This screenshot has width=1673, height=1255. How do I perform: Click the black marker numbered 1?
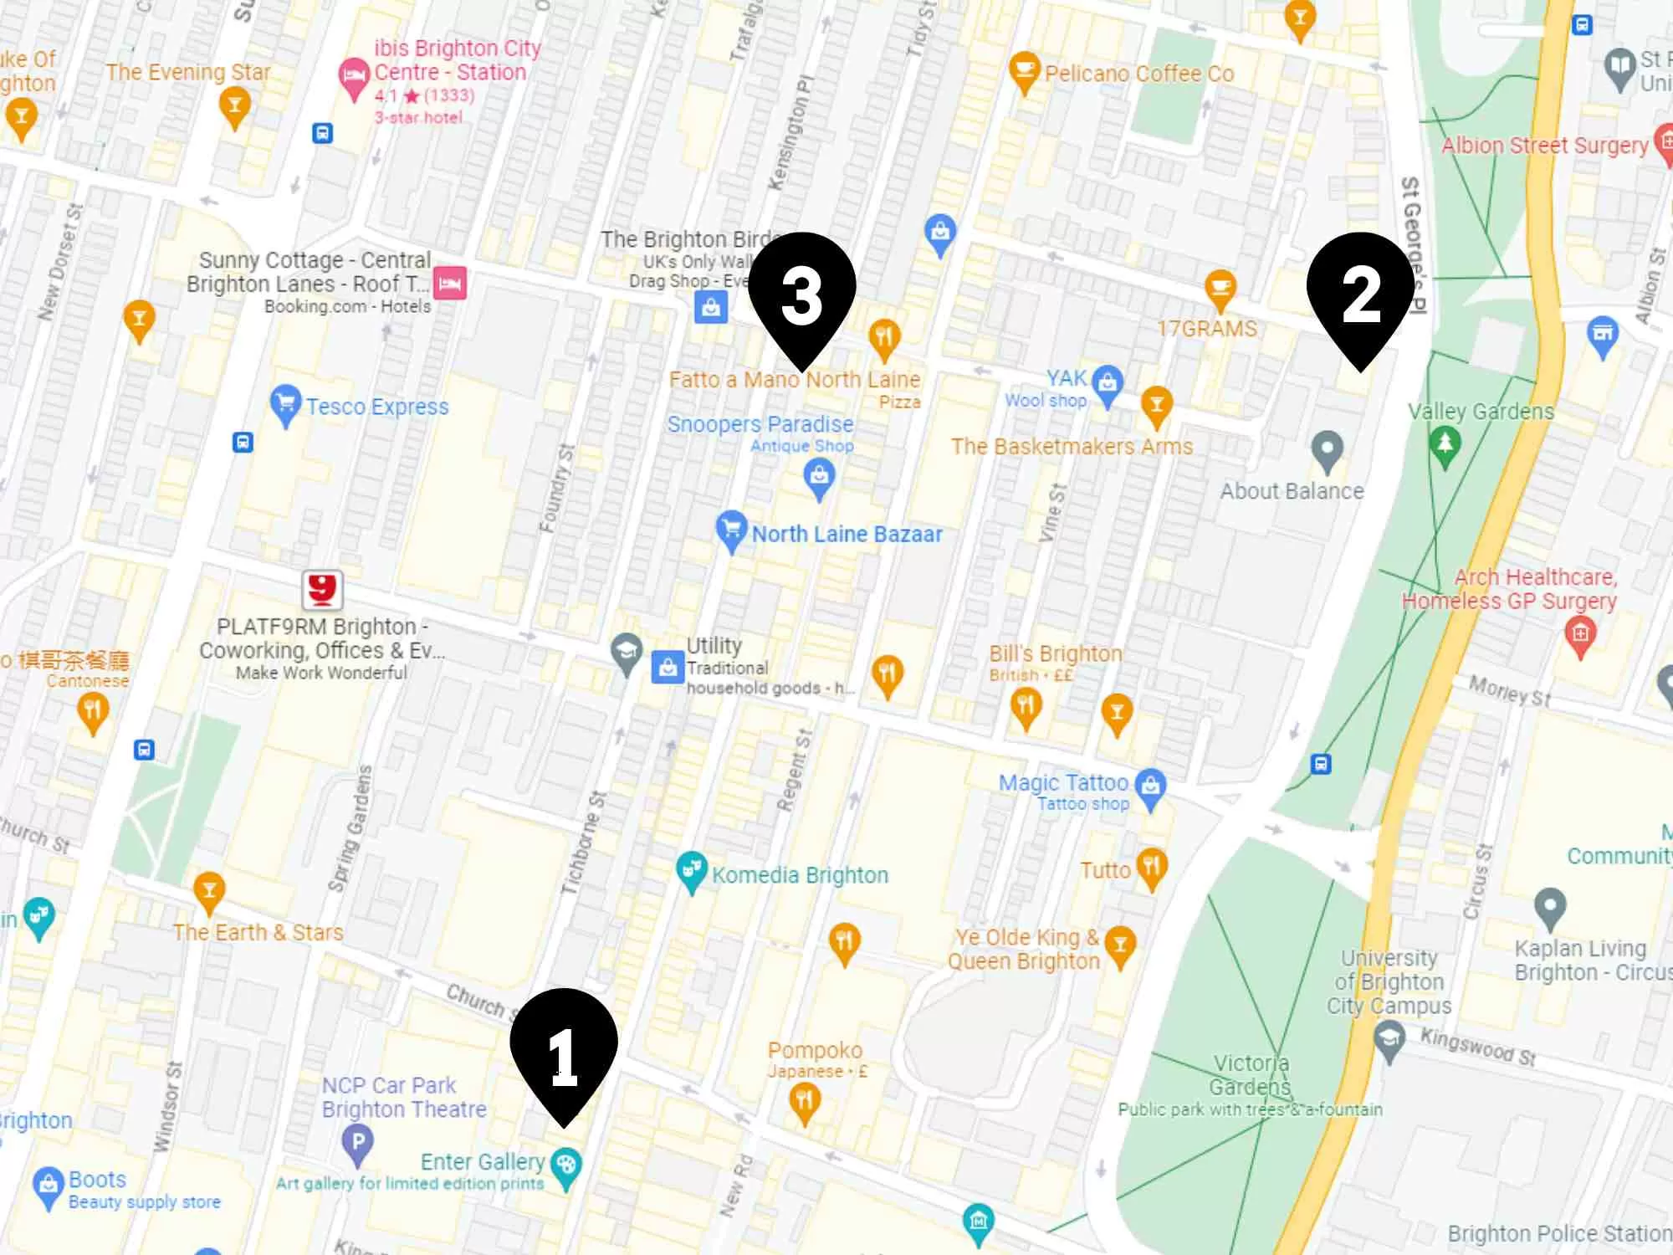click(564, 1050)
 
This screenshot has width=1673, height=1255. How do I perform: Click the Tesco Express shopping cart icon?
click(285, 405)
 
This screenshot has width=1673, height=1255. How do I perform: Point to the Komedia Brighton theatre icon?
click(691, 871)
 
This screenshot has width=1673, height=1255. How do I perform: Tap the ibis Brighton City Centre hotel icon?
click(354, 78)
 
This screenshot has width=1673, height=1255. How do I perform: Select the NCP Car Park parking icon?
click(358, 1142)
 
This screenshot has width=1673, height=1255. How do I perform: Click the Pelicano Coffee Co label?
click(1139, 74)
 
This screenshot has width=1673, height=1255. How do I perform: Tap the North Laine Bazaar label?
click(847, 534)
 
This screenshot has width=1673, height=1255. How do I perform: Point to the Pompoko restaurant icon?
click(805, 1101)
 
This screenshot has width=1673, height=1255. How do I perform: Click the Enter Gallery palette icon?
click(566, 1165)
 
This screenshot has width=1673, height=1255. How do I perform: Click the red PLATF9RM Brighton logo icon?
click(322, 590)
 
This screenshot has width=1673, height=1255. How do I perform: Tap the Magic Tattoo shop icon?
click(1152, 786)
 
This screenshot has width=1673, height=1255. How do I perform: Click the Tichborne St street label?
click(583, 843)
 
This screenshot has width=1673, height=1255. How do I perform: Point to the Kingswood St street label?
click(1478, 1047)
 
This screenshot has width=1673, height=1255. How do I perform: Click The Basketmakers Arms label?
click(1072, 447)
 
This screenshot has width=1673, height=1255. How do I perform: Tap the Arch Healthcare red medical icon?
click(1579, 635)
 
